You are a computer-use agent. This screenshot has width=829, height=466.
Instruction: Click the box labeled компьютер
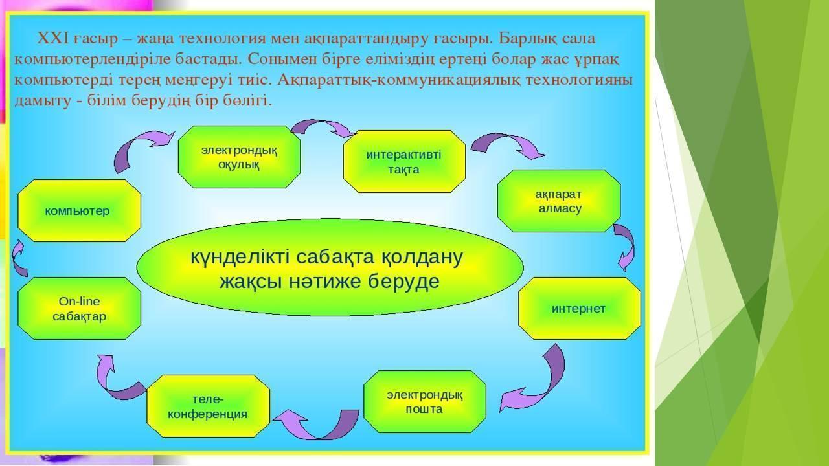click(79, 211)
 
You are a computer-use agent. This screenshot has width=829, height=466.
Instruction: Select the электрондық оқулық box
click(239, 157)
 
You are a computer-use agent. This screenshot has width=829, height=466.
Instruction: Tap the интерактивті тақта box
click(404, 161)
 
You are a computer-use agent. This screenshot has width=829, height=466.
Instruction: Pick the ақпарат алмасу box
click(559, 201)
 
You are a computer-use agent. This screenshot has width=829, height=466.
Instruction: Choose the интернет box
click(580, 309)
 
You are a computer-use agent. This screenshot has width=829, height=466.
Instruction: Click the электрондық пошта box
click(425, 402)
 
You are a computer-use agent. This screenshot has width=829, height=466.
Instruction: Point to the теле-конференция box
click(209, 406)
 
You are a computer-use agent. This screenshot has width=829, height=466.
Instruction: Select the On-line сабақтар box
click(79, 309)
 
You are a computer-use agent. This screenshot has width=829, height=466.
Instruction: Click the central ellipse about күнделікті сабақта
click(330, 267)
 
